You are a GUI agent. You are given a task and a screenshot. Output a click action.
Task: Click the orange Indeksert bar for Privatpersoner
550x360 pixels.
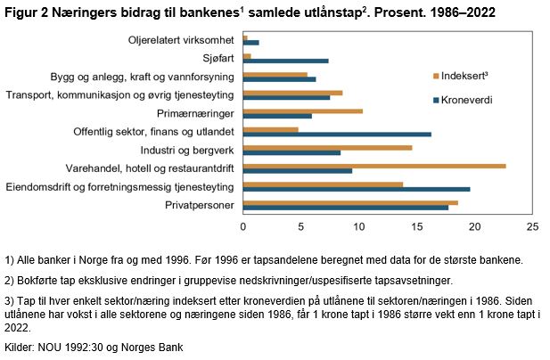pyautogui.click(x=350, y=202)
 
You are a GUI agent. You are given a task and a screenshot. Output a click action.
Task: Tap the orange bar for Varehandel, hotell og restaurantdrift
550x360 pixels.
pyautogui.click(x=374, y=166)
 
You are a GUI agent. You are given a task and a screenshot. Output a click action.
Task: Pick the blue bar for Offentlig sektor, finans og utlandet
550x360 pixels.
pyautogui.click(x=337, y=134)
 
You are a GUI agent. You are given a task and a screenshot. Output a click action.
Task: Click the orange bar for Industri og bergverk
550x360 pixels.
pyautogui.click(x=327, y=147)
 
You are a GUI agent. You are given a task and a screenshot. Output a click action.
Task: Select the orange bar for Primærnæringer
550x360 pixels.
pyautogui.click(x=303, y=110)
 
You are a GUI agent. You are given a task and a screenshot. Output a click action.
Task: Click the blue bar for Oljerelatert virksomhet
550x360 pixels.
pyautogui.click(x=251, y=43)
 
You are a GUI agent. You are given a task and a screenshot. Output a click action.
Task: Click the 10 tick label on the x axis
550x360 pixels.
pyautogui.click(x=359, y=226)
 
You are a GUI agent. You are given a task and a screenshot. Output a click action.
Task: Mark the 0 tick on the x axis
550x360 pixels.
pyautogui.click(x=243, y=226)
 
